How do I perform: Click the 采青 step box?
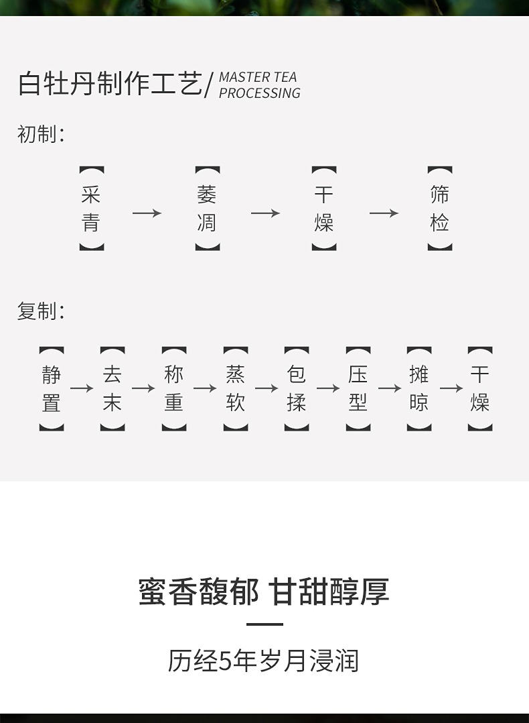91,209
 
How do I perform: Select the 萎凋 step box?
207,209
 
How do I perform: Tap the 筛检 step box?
439,209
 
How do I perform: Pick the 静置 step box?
52,388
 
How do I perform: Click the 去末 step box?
112,388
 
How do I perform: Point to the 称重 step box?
174,388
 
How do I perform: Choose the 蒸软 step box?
236,388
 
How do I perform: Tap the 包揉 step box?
297,388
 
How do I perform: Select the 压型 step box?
358,388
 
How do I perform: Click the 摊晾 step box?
419,388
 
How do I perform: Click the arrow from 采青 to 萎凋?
147,213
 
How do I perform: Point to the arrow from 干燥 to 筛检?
384,213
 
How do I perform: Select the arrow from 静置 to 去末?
82,388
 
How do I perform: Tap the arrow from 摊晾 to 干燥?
451,388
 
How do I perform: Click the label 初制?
41,134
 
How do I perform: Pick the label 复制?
41,311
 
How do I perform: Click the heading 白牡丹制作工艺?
110,85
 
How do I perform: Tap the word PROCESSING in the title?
260,94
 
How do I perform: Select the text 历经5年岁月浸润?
264,661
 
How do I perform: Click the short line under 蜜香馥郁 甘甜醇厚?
264,624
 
